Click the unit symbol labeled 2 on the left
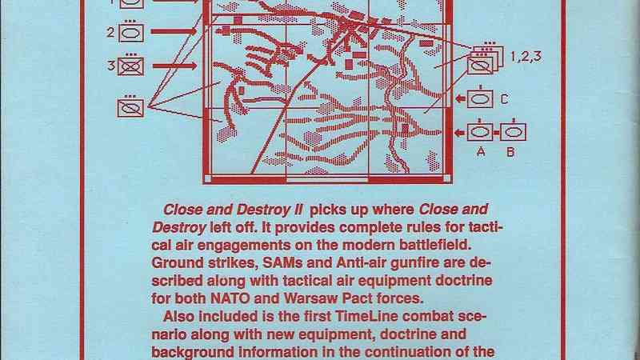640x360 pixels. [x=131, y=32]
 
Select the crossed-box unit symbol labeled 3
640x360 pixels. [x=130, y=66]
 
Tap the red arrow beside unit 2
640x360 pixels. [x=174, y=31]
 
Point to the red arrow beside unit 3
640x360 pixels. [x=174, y=66]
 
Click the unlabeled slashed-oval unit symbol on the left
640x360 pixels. [x=130, y=106]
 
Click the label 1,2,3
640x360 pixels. [x=526, y=56]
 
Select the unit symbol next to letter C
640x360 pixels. [x=479, y=98]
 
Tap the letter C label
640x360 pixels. [x=505, y=99]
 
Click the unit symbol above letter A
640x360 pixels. [x=480, y=130]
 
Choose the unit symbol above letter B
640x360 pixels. [x=513, y=130]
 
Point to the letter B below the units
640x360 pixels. [x=510, y=152]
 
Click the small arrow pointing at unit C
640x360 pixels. [x=461, y=98]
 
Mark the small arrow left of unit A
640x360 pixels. [x=461, y=132]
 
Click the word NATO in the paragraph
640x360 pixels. [x=230, y=298]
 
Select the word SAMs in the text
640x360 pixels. [x=282, y=263]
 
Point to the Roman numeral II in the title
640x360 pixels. [x=298, y=210]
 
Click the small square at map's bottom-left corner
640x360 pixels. [x=207, y=178]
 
